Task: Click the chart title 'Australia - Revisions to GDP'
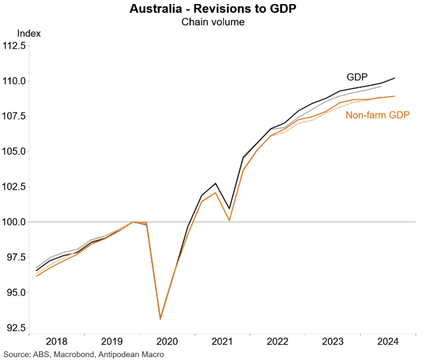[213, 9]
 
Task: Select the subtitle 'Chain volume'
[213, 22]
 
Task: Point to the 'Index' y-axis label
[29, 33]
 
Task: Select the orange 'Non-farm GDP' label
[377, 115]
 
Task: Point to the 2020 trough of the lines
[161, 318]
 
